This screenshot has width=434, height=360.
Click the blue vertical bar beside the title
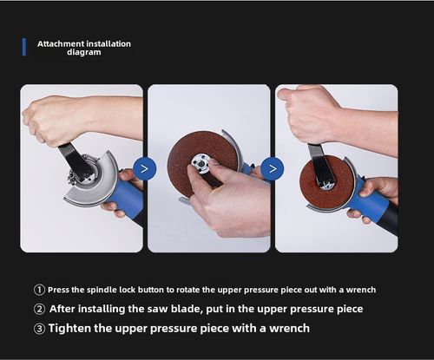pyautogui.click(x=23, y=47)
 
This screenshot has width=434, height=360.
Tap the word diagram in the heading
pyautogui.click(x=84, y=52)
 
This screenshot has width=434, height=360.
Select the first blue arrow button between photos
pyautogui.click(x=145, y=168)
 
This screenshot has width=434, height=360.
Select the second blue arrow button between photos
pyautogui.click(x=273, y=168)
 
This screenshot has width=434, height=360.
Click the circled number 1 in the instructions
pyautogui.click(x=39, y=290)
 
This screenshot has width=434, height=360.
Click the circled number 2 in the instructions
pyautogui.click(x=39, y=309)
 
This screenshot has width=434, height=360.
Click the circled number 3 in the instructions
pyautogui.click(x=39, y=328)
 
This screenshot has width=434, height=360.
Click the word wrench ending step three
pyautogui.click(x=286, y=328)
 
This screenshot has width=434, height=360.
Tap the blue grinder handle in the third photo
pyautogui.click(x=372, y=205)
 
